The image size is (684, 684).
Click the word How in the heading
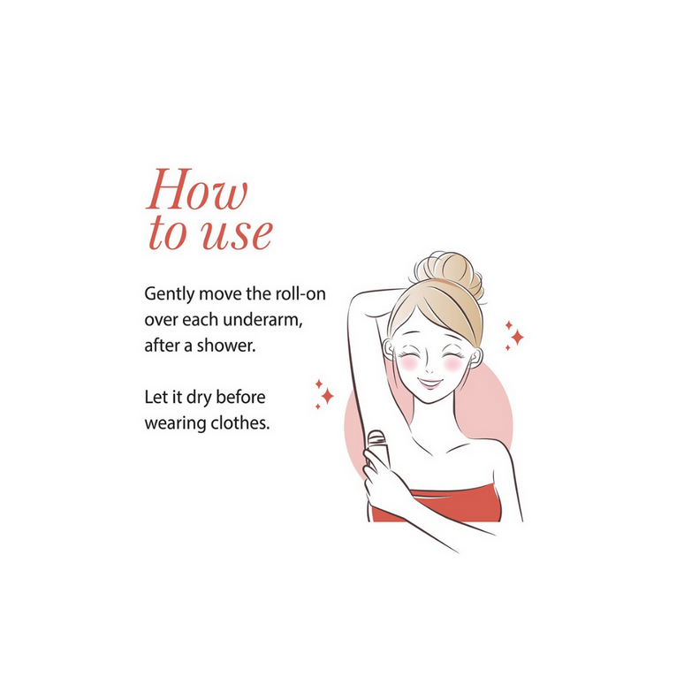[x=197, y=189]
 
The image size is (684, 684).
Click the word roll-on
[x=300, y=293]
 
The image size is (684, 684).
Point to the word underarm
[x=262, y=320]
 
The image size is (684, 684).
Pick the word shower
[x=226, y=346]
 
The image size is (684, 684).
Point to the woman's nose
[x=429, y=369]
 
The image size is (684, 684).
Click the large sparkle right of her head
[x=517, y=338]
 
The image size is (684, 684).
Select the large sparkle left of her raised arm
[x=327, y=396]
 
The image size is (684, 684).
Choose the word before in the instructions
[x=240, y=398]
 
